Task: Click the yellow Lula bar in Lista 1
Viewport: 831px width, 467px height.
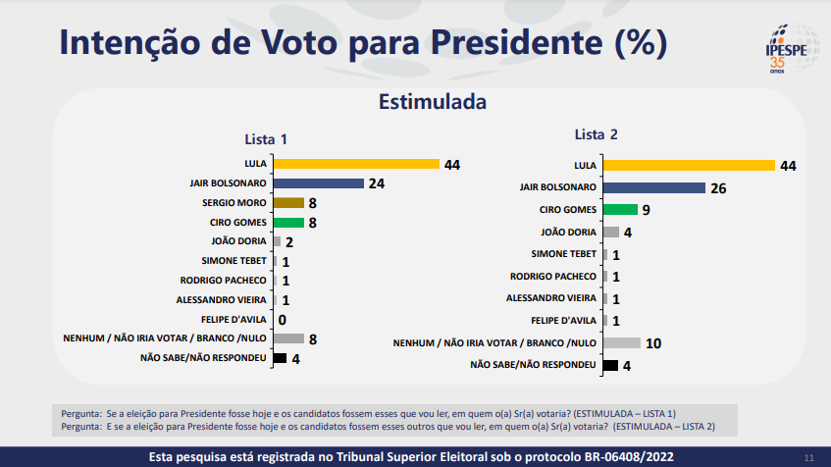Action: [356, 164]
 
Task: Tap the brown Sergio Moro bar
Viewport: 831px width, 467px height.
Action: [288, 203]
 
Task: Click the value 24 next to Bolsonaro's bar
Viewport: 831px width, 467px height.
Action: [376, 183]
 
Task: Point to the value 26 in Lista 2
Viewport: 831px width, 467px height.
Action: [718, 187]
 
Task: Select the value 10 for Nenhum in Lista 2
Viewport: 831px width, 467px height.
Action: [653, 343]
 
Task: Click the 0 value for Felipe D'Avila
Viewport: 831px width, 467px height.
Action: [282, 319]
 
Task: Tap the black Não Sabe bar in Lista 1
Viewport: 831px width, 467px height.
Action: [280, 358]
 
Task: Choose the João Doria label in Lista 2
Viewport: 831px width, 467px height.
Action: [569, 232]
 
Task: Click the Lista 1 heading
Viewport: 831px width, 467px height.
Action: [265, 139]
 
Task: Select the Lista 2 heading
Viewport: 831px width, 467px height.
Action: [596, 134]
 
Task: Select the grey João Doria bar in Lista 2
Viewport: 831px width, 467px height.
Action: [610, 232]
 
